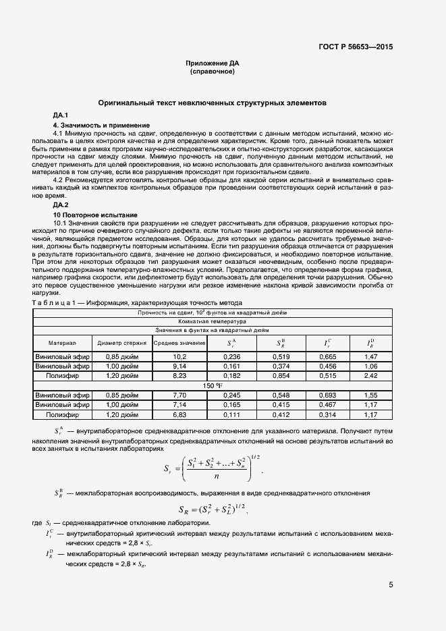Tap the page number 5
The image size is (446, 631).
point(391,584)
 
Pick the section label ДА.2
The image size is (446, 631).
point(61,204)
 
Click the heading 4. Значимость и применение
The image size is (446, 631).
point(101,126)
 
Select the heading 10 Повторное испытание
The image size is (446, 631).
point(95,214)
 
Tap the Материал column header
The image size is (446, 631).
point(63,343)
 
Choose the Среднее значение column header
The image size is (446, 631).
point(179,343)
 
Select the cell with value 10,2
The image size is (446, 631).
point(179,356)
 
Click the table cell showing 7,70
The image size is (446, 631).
point(179,394)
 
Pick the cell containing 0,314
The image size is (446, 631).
point(327,414)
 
